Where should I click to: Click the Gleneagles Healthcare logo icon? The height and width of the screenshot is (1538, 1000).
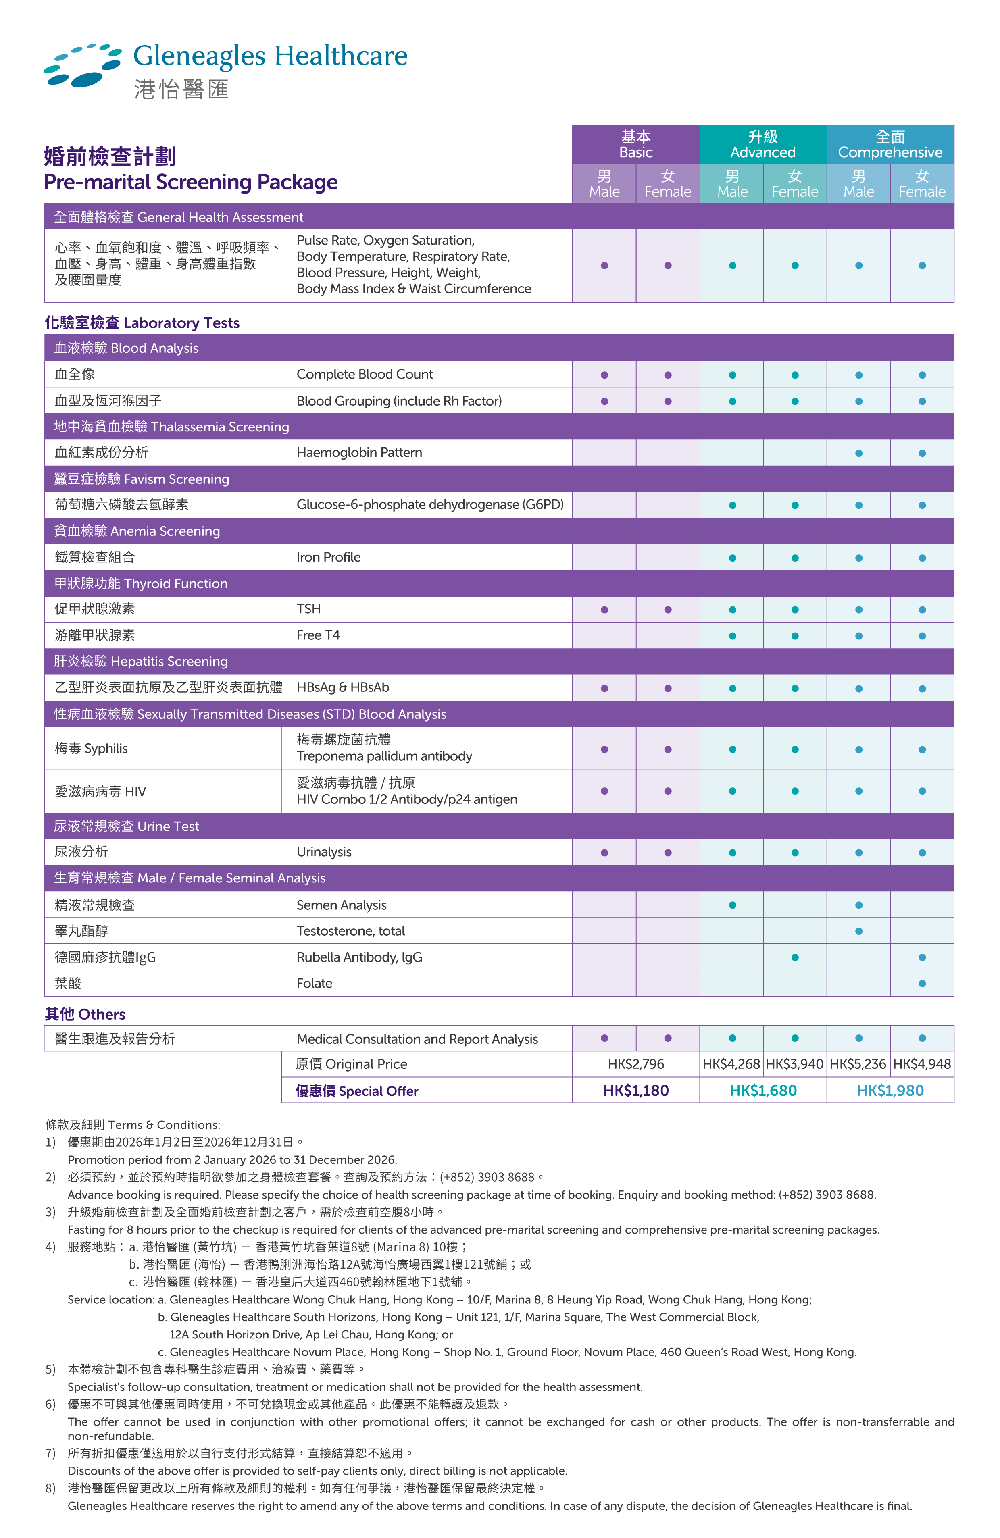pyautogui.click(x=82, y=65)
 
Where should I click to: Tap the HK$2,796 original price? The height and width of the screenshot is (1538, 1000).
pyautogui.click(x=635, y=1063)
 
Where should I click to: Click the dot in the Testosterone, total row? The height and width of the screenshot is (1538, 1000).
pyautogui.click(x=858, y=931)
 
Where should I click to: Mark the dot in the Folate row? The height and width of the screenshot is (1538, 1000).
pyautogui.click(x=922, y=984)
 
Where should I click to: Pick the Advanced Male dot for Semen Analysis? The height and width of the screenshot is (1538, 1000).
pyautogui.click(x=732, y=905)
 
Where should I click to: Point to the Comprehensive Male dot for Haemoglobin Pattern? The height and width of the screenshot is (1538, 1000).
pyautogui.click(x=858, y=453)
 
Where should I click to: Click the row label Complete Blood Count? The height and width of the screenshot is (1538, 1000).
pyautogui.click(x=365, y=374)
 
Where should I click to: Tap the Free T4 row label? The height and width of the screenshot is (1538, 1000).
pyautogui.click(x=318, y=635)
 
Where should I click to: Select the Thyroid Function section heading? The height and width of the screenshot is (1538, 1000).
pyautogui.click(x=141, y=583)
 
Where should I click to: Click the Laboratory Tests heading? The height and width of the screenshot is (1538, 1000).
pyautogui.click(x=142, y=323)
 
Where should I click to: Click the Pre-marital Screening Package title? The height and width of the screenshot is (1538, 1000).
pyautogui.click(x=191, y=182)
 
